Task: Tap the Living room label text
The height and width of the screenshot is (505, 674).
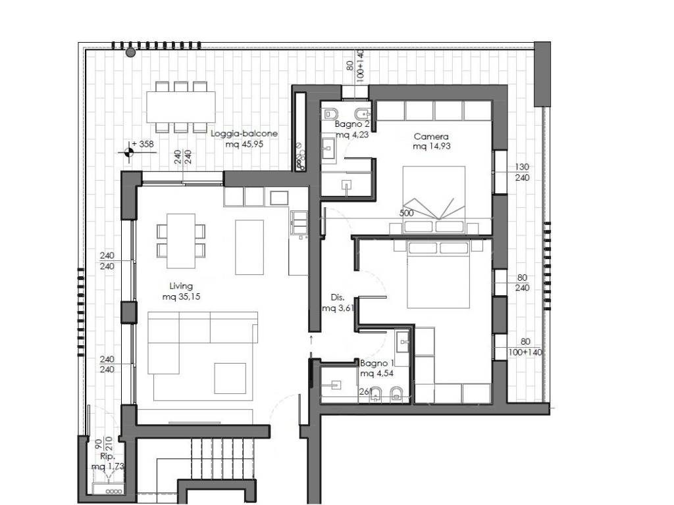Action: click(181, 291)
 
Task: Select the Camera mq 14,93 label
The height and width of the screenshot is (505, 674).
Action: click(431, 141)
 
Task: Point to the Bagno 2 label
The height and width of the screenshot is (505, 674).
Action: click(351, 130)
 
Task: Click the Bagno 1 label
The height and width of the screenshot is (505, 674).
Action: click(377, 368)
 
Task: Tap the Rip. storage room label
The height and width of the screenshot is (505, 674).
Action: click(107, 461)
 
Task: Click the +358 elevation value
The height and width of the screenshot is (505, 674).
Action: click(143, 144)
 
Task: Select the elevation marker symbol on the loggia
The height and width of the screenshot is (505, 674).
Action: click(128, 152)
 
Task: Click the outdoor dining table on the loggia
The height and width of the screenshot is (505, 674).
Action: click(181, 107)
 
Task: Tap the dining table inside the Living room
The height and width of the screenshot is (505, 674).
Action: click(181, 241)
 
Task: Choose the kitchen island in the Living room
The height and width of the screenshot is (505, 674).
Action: click(249, 247)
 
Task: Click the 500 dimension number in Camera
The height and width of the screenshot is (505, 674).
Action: click(406, 213)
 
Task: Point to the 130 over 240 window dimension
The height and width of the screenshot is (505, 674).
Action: click(522, 172)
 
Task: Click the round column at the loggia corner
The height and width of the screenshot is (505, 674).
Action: click(131, 53)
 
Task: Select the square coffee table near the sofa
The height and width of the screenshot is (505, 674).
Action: click(230, 378)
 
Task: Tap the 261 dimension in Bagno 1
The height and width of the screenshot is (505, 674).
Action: click(365, 392)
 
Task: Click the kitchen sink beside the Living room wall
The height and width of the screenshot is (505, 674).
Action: click(299, 222)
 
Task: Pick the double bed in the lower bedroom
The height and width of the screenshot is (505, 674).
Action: click(438, 274)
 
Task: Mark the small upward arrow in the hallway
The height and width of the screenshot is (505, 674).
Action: click(311, 341)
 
